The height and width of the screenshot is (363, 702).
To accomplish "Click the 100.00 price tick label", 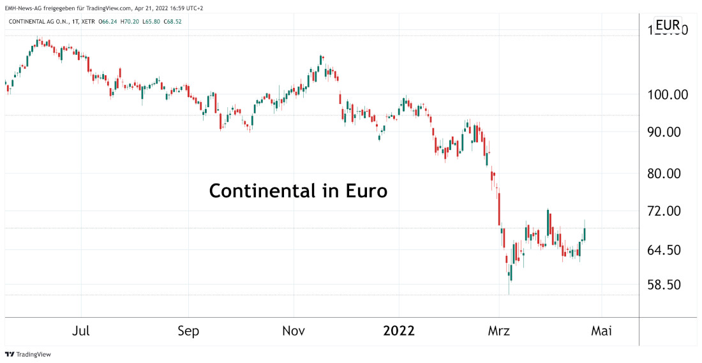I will coord(667,94).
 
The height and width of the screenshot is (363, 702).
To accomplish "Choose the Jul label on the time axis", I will coord(81,331).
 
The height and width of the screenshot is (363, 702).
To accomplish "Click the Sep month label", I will coord(188,331).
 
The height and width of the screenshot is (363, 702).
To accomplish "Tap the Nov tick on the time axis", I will coord(294,331).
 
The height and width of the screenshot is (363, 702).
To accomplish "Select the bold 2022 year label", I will coord(399,331).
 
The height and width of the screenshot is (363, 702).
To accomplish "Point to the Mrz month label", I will coord(499,331).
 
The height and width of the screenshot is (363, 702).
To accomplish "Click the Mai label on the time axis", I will coord(602,331).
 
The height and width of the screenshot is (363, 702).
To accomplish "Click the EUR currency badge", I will coord(668,26).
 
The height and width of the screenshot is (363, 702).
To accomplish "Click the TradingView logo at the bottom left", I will coord(28,354).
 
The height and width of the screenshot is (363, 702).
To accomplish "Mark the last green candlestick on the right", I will coord(585,233).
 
